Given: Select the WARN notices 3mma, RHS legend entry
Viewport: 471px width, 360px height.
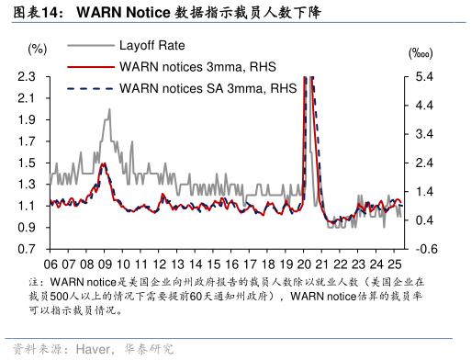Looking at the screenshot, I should pyautogui.click(x=197, y=66).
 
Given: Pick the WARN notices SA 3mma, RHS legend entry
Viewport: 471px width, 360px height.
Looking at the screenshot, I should pyautogui.click(x=207, y=88).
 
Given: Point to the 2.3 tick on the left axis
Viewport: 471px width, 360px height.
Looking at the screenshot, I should pyautogui.click(x=26, y=76).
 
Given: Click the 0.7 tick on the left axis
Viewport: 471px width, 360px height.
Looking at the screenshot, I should pyautogui.click(x=26, y=249).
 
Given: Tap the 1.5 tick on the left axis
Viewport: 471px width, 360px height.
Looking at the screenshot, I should pyautogui.click(x=26, y=163).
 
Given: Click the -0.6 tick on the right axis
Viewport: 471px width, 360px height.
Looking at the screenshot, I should pyautogui.click(x=415, y=249).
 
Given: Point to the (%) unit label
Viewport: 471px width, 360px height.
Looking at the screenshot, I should pyautogui.click(x=37, y=49).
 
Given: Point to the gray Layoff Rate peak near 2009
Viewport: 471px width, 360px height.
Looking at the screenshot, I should pyautogui.click(x=109, y=109).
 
